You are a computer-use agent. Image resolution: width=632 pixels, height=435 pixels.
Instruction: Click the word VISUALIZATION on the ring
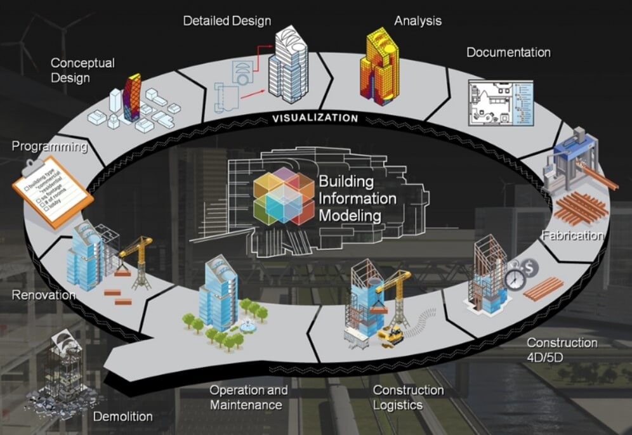[315, 117]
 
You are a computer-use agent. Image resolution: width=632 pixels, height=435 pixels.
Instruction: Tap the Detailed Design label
[227, 21]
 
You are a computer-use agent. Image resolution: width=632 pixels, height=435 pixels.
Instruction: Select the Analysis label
[418, 21]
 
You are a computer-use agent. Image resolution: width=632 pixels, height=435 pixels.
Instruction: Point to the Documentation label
[508, 52]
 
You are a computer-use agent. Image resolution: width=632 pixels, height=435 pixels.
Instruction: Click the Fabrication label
[572, 236]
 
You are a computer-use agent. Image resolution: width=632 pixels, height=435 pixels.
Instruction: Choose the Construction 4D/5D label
[562, 349]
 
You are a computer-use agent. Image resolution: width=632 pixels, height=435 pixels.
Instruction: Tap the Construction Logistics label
[408, 397]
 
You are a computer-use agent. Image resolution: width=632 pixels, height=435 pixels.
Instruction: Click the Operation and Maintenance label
[248, 397]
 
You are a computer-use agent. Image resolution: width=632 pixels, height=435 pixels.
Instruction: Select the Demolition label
[122, 417]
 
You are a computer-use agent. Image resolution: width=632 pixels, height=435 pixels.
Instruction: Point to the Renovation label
[44, 295]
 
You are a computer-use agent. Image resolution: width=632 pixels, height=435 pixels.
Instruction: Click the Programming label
[49, 147]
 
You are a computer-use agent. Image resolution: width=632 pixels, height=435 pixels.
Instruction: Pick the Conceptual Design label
[82, 70]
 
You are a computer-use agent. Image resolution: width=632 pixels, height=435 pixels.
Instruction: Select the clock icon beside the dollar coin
[515, 279]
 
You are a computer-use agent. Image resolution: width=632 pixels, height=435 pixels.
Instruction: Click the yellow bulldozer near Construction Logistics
[391, 335]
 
